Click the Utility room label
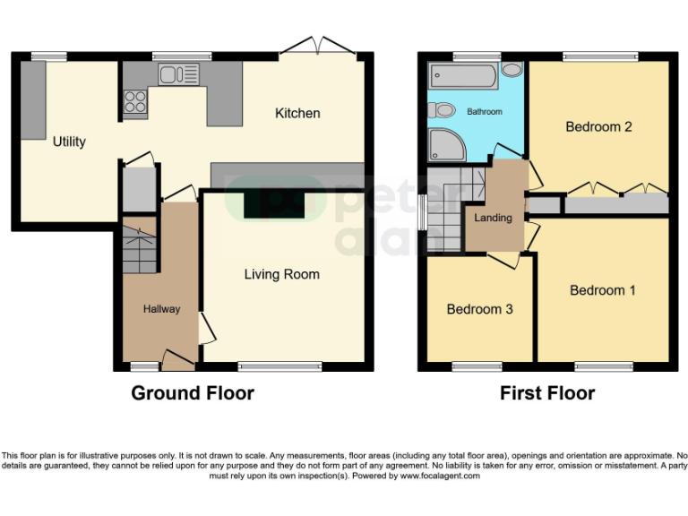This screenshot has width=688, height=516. coord(69,142)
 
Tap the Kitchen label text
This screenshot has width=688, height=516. coord(297,113)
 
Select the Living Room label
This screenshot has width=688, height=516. coord(281,274)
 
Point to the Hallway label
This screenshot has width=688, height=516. coord(162,309)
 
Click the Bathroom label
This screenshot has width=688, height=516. coord(484,112)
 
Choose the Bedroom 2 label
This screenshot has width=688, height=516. coord(598,126)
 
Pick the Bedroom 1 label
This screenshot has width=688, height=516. coord(603,290)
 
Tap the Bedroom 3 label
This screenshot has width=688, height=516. coord(479,309)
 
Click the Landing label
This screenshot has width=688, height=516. coord(493,218)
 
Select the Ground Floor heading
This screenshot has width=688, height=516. coord(193,393)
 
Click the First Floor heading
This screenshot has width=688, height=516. coord(547,393)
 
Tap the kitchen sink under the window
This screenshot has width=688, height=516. coord(178,74)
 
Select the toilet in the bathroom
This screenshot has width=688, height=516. coord(441,111)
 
